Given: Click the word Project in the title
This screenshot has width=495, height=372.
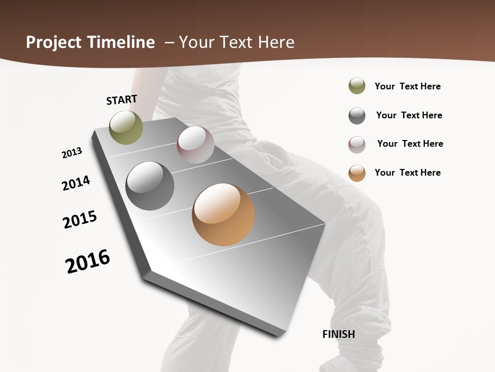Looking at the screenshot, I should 52,42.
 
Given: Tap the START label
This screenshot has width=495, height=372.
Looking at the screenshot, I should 122,100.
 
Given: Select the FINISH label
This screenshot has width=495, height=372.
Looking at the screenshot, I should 339,334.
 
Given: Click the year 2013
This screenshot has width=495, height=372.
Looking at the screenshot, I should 72,152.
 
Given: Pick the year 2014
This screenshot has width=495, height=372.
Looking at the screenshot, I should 76,183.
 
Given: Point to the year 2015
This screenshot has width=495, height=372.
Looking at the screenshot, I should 80,220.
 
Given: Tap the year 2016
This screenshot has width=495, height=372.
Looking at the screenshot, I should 88,261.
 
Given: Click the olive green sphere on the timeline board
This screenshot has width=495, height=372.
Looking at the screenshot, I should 126,127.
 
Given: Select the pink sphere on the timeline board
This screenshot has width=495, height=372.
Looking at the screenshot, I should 195,144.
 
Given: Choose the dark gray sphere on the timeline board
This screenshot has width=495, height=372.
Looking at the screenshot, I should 150,186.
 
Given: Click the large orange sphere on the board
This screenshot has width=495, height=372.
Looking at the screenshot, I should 223,214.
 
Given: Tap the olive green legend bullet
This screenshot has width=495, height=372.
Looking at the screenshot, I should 357,86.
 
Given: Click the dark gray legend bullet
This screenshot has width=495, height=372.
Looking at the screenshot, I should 357,116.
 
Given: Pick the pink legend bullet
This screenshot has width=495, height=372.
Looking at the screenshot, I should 357,145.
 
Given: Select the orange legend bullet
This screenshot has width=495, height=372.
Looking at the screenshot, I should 357,173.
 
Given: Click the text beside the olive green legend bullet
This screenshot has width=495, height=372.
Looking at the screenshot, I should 407,86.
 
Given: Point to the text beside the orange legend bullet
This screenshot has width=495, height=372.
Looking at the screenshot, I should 407,173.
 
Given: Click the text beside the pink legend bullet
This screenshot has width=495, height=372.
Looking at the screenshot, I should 410,144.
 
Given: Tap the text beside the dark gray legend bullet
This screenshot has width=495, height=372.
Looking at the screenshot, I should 409,115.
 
